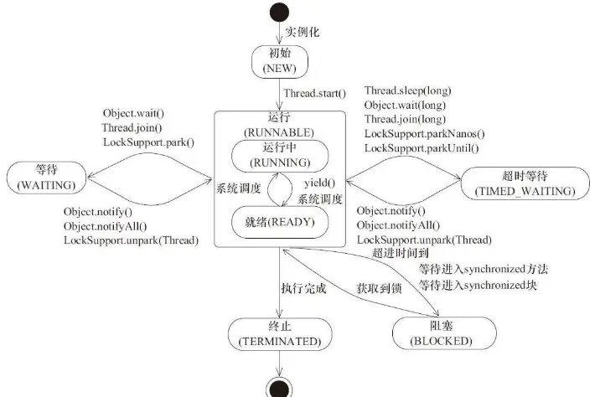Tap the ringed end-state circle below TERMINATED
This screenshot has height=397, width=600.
tap(280, 387)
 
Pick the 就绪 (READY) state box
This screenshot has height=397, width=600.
tap(280, 222)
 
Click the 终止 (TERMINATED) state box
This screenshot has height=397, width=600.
tap(280, 335)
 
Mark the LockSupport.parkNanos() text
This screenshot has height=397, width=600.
tap(424, 135)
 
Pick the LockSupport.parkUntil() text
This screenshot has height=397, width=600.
tap(422, 149)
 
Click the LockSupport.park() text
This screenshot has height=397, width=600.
tap(148, 142)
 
